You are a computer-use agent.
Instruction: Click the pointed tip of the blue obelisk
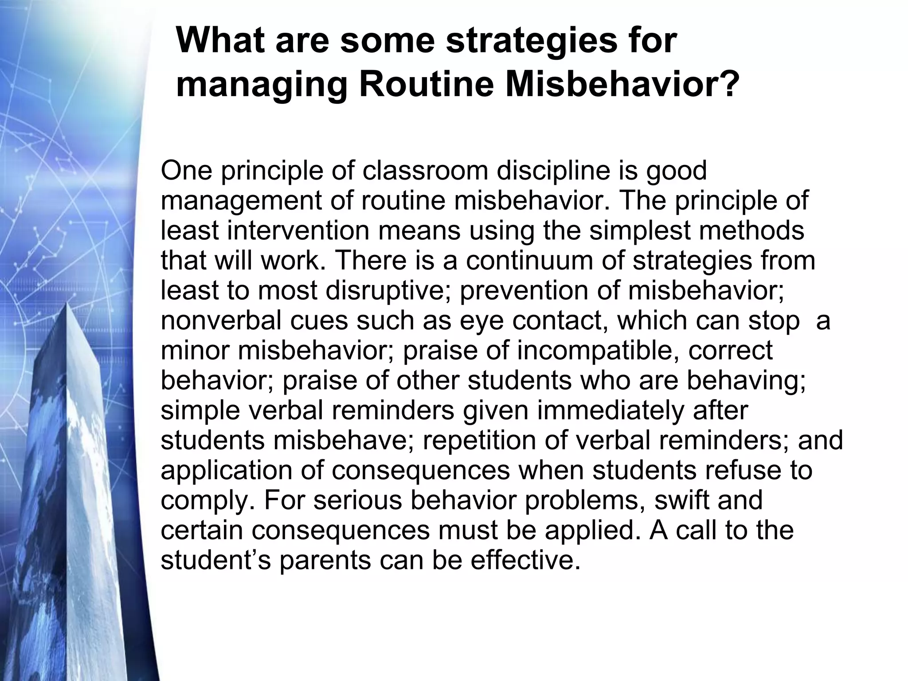click(67, 303)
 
